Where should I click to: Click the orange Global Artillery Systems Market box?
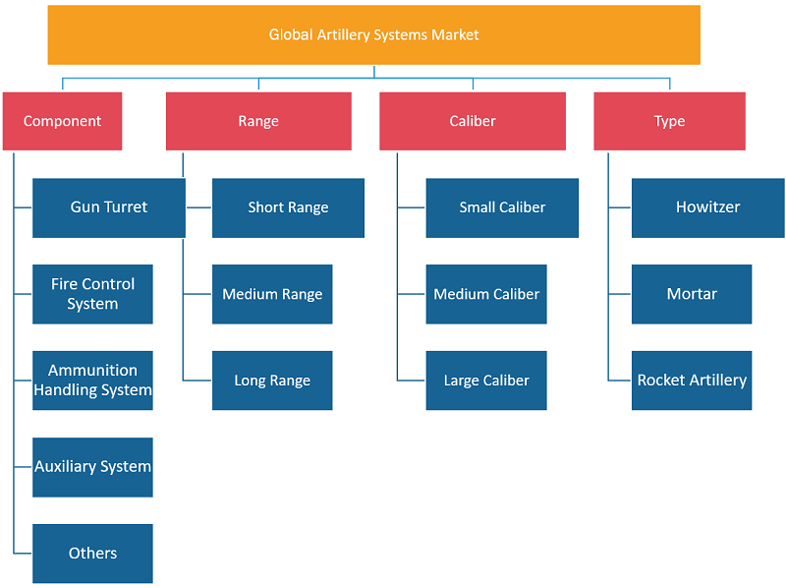click(374, 34)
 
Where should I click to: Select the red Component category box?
click(62, 121)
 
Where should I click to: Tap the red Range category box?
click(258, 121)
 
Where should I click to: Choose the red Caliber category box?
click(473, 121)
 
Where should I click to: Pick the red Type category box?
click(669, 121)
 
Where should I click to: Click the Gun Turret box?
click(109, 207)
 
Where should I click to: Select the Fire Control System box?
click(92, 294)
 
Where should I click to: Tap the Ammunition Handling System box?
click(92, 381)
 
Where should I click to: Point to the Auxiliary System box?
click(92, 467)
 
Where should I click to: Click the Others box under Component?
click(92, 554)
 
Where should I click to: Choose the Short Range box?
click(288, 207)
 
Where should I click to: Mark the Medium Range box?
click(272, 294)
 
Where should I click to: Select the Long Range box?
click(272, 381)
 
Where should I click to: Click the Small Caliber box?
click(502, 207)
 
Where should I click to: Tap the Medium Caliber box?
click(486, 294)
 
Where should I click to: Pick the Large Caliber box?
click(486, 381)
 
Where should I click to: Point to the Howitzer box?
click(707, 207)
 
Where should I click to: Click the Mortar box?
click(692, 294)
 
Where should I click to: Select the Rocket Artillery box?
click(692, 381)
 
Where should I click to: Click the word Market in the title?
click(455, 34)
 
